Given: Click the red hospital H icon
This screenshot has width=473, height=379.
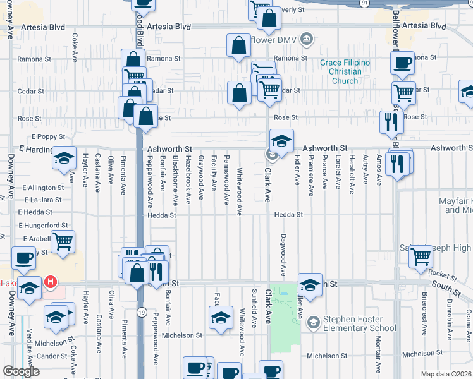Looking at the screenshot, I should (x=49, y=281).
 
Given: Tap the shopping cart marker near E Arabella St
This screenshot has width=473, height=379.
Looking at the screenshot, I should (x=63, y=241).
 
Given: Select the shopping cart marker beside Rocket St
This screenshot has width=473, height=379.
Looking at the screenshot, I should (x=421, y=256).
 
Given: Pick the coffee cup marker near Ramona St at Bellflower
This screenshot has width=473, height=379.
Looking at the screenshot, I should (x=403, y=63).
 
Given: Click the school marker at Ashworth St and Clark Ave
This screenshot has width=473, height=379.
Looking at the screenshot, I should (x=281, y=140).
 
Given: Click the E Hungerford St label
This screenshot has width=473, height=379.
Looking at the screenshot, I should (x=44, y=225).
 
